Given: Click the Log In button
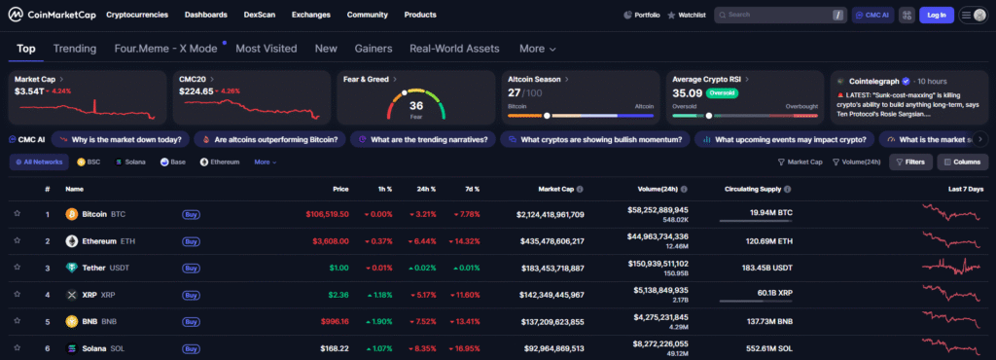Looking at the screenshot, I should tap(937, 16).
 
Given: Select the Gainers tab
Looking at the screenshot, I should tap(373, 49).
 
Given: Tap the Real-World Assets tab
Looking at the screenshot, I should tap(454, 49).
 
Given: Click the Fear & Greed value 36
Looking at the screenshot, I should tap(416, 105).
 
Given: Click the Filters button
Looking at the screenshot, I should tap(910, 162).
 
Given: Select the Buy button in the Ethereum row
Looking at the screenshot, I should tap(192, 241).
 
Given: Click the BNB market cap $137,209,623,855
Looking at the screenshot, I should tap(545, 321).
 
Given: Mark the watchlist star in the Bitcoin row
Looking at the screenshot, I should tap(17, 214).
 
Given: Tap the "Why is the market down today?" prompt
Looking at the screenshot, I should tap(121, 139).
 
